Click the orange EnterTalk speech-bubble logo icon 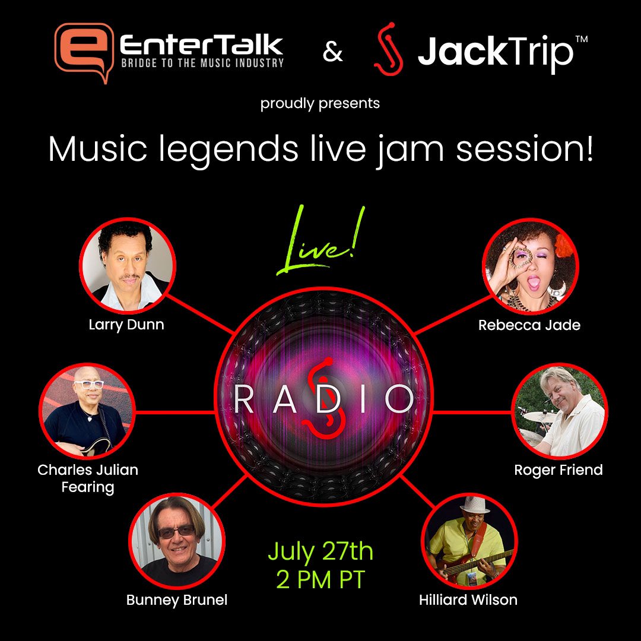pos(82,52)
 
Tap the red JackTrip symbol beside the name pos(389,49)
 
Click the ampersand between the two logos pos(333,52)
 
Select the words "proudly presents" pos(320,104)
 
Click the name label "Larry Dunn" pos(126,325)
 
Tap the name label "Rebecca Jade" pos(529,325)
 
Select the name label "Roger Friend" pos(559,470)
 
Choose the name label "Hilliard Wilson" pos(468,599)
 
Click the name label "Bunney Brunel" pos(177,600)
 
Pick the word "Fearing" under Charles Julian pos(88,487)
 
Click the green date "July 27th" pos(320,551)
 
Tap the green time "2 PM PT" pos(320,580)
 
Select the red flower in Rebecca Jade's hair pos(562,243)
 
